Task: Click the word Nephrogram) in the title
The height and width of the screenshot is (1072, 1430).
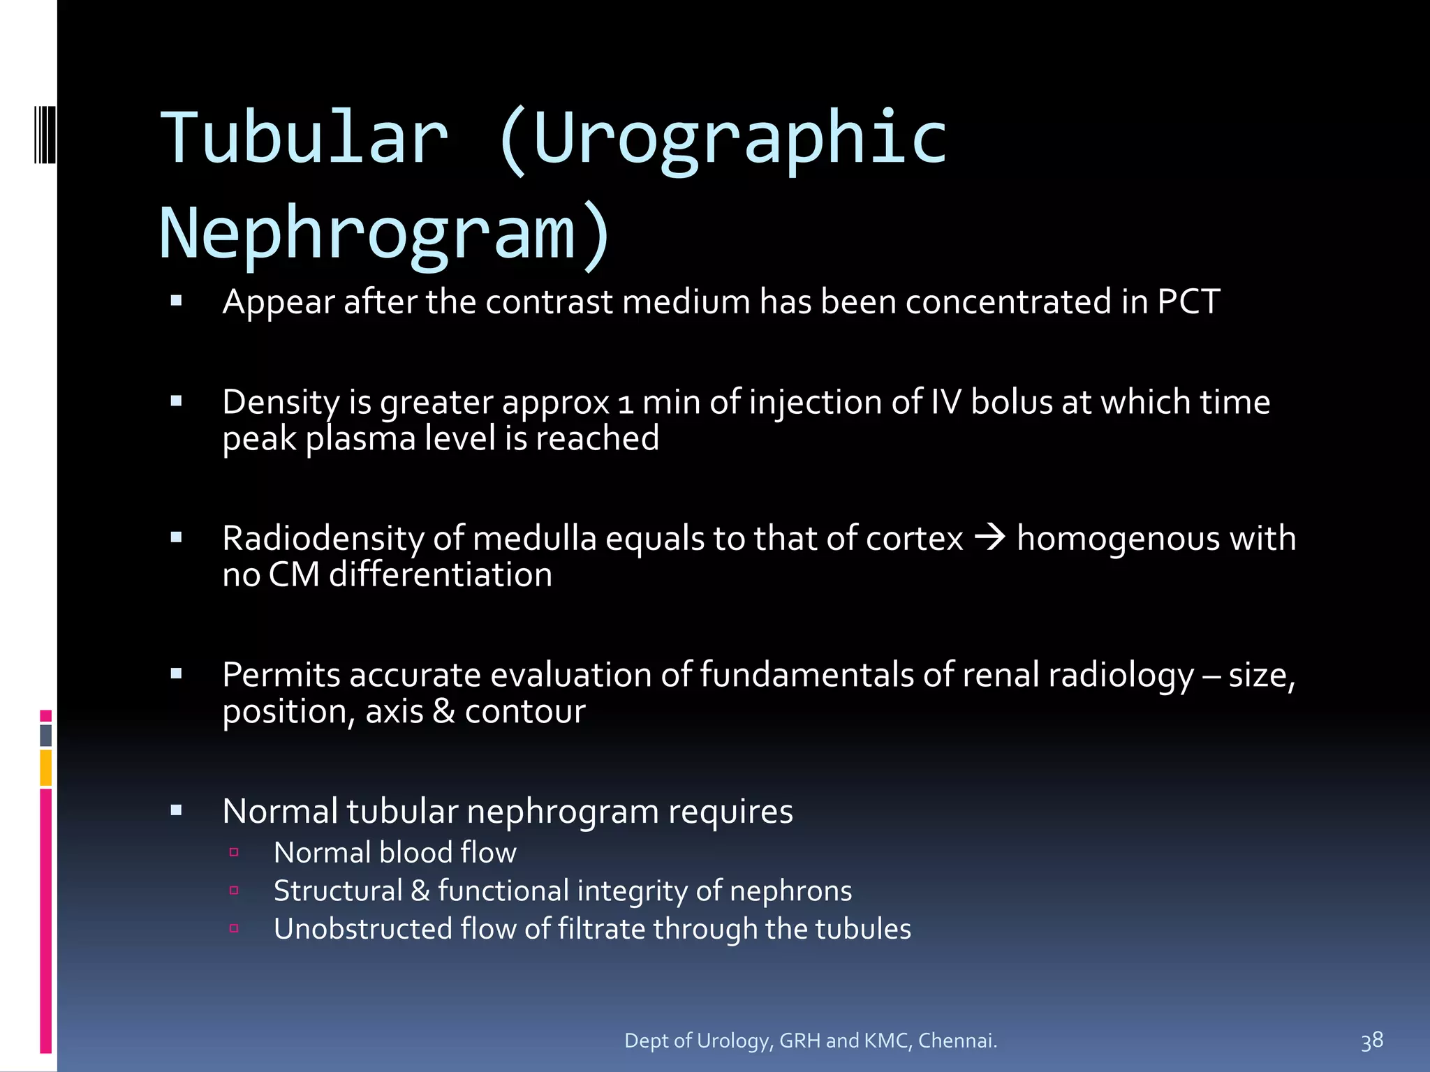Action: [385, 232]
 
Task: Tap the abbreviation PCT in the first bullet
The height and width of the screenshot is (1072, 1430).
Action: [1188, 302]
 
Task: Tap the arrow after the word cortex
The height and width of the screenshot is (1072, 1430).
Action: [989, 537]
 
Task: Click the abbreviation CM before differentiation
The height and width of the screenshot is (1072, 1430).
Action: [294, 575]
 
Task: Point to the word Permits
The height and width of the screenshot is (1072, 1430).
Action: [281, 676]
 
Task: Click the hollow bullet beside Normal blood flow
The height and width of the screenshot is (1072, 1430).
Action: [234, 852]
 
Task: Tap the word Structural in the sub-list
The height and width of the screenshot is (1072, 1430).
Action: [338, 891]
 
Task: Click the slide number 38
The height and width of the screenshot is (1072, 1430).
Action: [1371, 1041]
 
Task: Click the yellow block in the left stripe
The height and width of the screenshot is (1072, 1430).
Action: [46, 767]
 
